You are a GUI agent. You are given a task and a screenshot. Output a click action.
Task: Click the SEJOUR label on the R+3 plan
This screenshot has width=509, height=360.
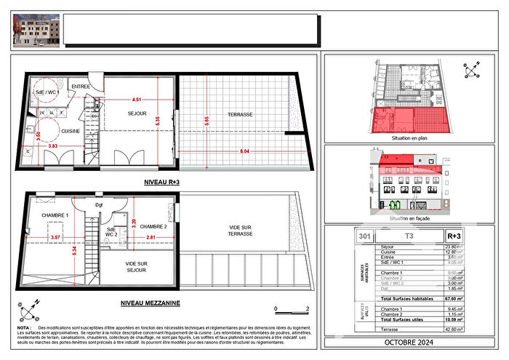tap(137, 113)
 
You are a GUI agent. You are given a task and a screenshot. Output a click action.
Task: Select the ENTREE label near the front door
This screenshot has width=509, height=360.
tap(81, 87)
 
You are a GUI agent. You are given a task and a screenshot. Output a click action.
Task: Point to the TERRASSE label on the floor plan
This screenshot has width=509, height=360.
tap(239, 115)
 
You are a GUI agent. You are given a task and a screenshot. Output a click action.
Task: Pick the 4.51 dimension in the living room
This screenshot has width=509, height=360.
tap(136, 100)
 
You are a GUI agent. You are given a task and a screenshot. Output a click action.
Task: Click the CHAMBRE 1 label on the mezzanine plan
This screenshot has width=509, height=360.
tap(54, 215)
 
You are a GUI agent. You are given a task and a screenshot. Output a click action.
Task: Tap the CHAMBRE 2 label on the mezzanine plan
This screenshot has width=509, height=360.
tap(155, 226)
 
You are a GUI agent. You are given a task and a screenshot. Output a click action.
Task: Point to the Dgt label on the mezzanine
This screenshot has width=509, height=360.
tap(99, 205)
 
